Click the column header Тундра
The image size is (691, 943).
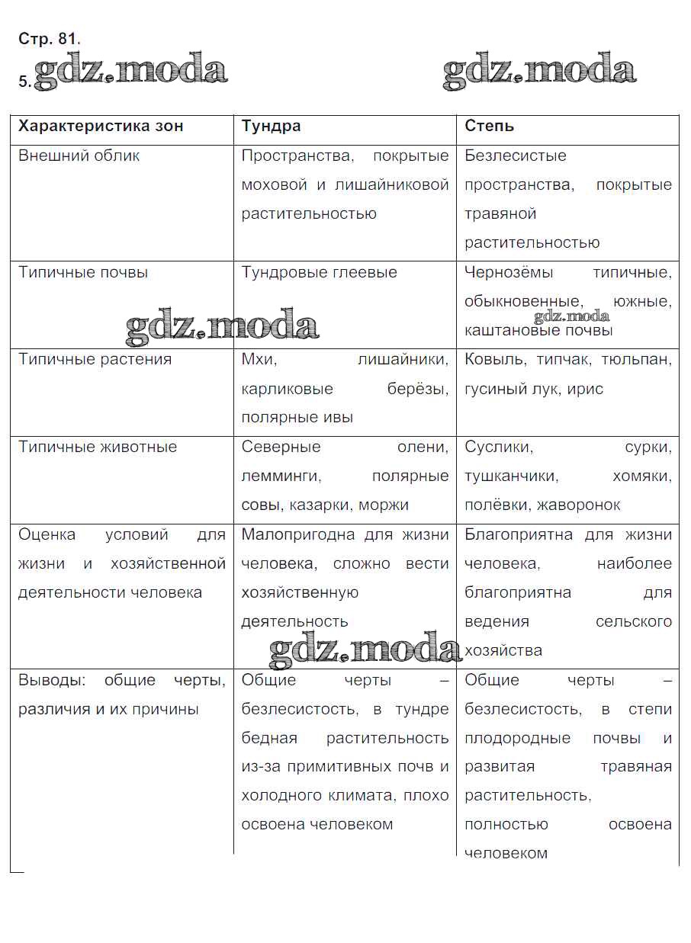coord(271,127)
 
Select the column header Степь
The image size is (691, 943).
coord(490,127)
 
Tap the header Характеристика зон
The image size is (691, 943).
coord(101,127)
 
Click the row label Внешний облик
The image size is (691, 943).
coord(79,156)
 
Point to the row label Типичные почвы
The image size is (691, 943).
coord(83,272)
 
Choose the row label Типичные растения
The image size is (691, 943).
coord(95,359)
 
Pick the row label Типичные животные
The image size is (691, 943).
coord(98,447)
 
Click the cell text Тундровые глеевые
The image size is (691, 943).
coord(319,272)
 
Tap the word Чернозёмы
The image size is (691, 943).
coord(509,272)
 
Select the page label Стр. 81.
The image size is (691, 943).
coord(50,38)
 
